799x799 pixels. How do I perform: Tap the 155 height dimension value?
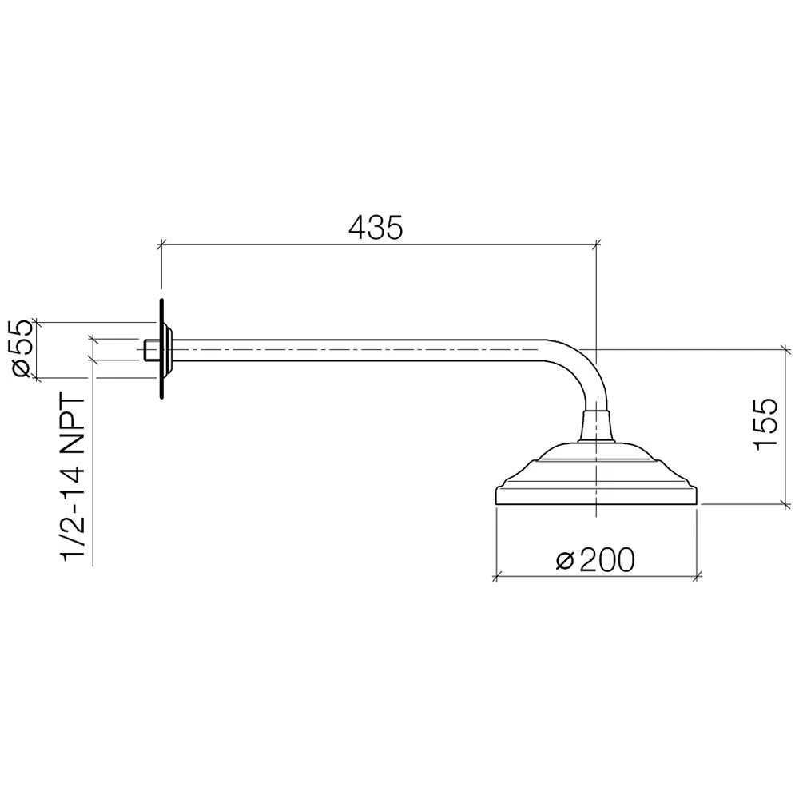[765, 423]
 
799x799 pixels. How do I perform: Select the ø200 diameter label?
[595, 560]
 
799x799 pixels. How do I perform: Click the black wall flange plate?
[161, 349]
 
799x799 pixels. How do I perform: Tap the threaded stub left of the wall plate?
[151, 350]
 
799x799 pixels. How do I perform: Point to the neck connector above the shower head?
[596, 426]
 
